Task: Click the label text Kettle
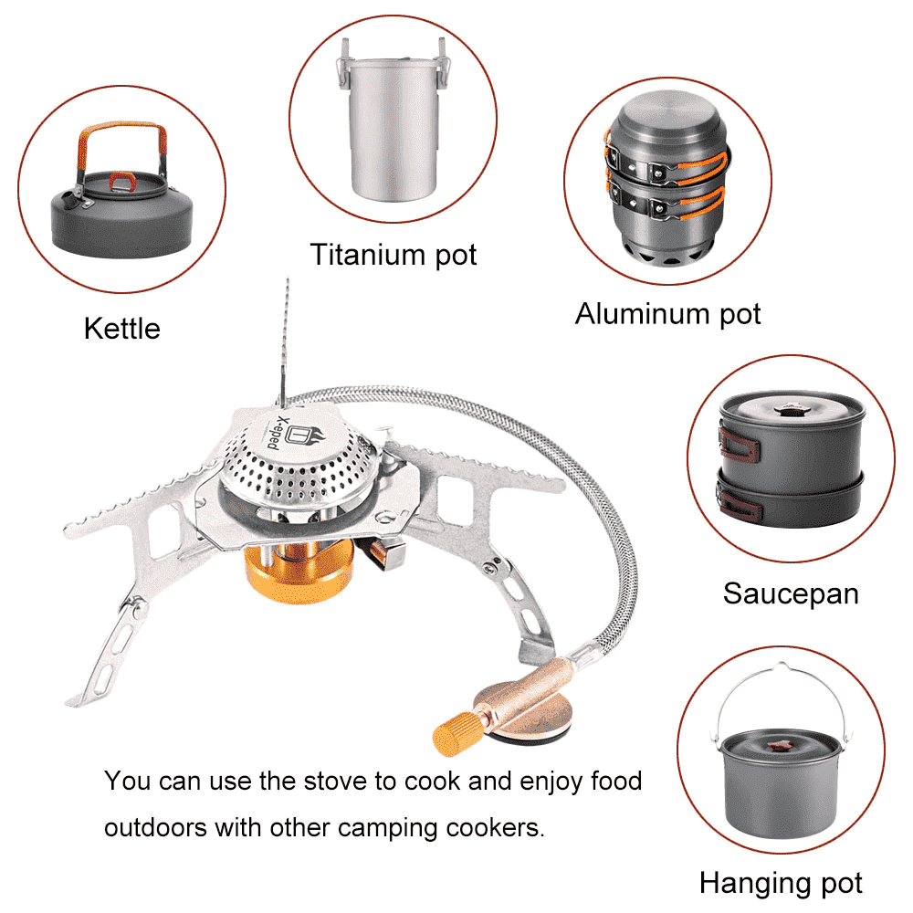pos(121,328)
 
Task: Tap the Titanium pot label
pos(393,254)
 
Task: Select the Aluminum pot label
pos(667,314)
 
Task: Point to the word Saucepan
pos(791,593)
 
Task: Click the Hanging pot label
pos(781,883)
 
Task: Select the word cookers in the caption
pos(493,828)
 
